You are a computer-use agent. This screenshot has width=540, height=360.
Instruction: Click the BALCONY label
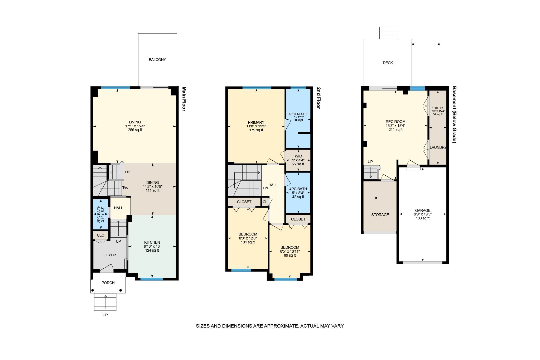coord(157,60)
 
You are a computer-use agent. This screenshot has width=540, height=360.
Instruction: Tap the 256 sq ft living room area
coord(135,130)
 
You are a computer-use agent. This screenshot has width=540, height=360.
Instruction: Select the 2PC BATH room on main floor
coord(101,214)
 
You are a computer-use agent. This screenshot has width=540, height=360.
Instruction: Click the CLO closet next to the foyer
coord(100,235)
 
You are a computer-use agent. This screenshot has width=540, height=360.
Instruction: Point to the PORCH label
coord(108,283)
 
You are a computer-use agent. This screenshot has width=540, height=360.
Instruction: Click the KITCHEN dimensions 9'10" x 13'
coord(152,246)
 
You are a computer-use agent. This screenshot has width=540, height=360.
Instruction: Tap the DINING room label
coord(153,183)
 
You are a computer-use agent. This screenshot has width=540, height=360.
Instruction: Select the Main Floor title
coord(184,99)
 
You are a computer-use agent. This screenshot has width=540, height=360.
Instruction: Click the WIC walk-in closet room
coord(298,160)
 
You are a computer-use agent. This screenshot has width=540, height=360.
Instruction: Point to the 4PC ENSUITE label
coord(298,114)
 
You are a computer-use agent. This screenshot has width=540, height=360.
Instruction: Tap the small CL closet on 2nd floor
coord(265,202)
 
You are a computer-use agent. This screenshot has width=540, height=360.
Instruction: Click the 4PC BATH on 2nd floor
coord(298,193)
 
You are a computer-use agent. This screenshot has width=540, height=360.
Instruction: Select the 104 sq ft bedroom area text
coord(248,242)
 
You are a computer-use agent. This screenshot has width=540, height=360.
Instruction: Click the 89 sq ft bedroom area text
coord(290,255)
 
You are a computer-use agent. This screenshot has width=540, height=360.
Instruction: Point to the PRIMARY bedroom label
coord(256,122)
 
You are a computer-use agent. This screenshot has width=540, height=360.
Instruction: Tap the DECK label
coord(388,63)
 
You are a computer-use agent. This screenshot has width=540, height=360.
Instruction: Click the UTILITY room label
coord(438,108)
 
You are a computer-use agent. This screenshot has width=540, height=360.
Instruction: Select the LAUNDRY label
coord(438,147)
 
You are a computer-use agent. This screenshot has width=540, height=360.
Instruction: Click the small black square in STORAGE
coord(376,198)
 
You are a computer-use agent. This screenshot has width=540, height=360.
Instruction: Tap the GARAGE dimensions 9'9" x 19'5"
coord(423,214)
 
